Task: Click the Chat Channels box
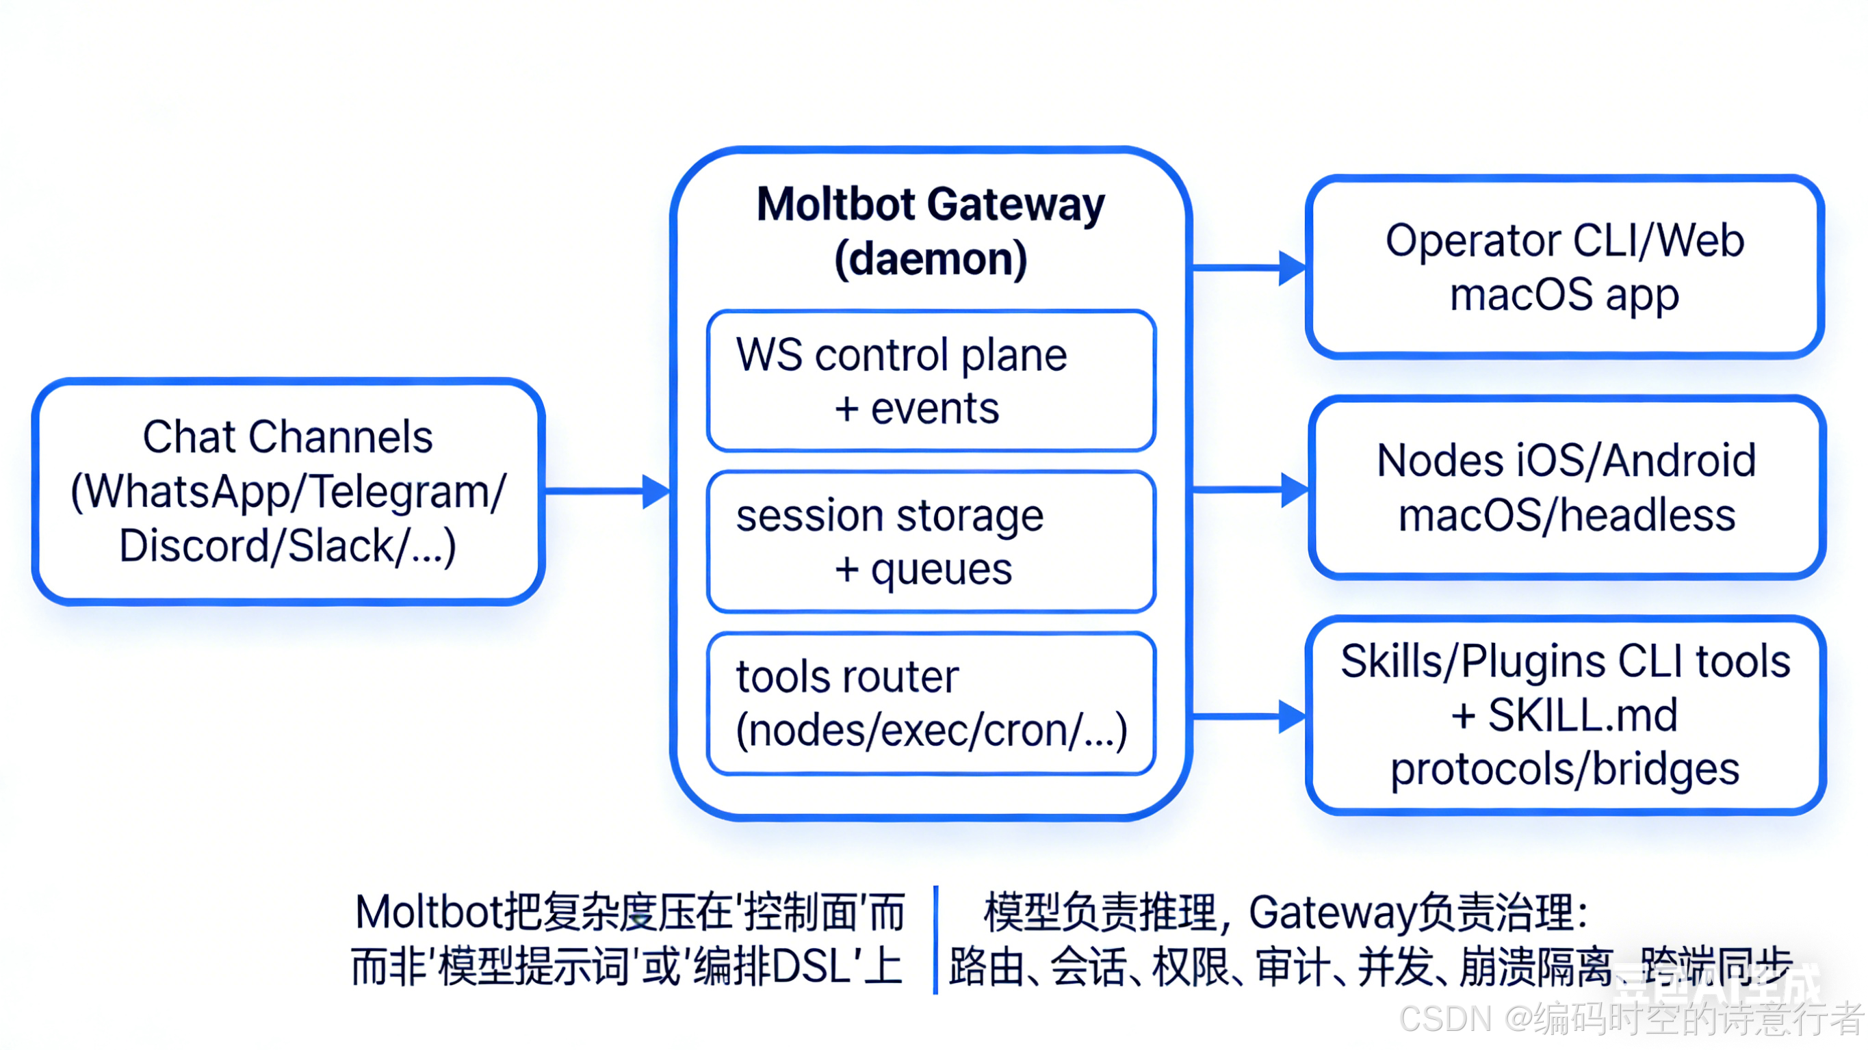click(x=288, y=491)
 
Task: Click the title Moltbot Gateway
click(x=931, y=205)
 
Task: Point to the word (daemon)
click(x=931, y=259)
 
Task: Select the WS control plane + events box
click(x=931, y=381)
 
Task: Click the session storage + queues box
click(x=931, y=542)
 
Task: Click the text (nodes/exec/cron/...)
click(x=931, y=731)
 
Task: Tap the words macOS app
click(x=1564, y=295)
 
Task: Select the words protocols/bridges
click(x=1564, y=770)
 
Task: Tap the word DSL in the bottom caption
click(x=811, y=967)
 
